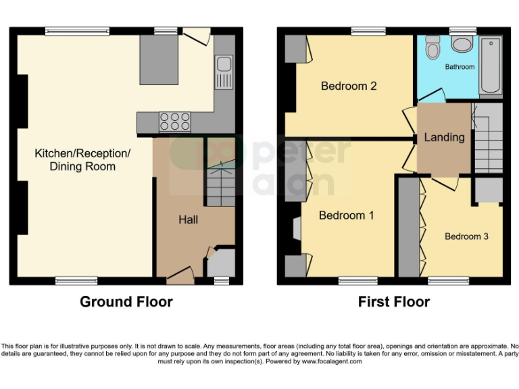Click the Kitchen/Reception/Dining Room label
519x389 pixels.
(x=82, y=160)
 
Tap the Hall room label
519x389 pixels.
(x=188, y=219)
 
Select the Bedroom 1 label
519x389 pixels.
(x=346, y=215)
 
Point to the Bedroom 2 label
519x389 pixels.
(x=348, y=86)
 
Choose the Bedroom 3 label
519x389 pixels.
(x=466, y=236)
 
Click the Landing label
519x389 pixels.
(x=444, y=137)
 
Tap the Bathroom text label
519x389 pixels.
(x=460, y=67)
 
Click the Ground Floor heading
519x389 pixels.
(x=126, y=302)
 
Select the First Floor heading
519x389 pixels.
(x=394, y=302)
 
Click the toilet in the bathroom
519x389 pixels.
(x=432, y=49)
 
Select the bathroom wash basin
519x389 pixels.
(x=463, y=45)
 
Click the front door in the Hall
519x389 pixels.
(x=180, y=273)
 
